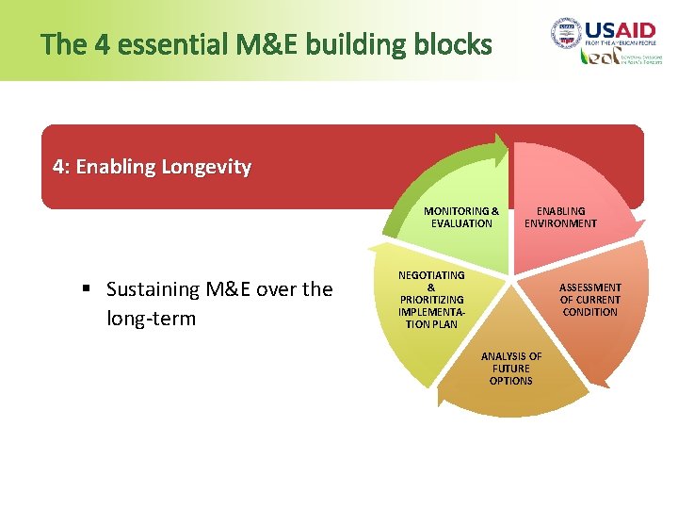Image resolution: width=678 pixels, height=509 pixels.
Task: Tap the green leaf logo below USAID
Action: [599, 57]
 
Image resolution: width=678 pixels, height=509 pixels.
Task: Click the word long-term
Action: [152, 319]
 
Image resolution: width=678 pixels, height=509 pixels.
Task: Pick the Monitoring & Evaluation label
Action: [461, 217]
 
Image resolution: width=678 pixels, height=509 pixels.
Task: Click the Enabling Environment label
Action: [560, 217]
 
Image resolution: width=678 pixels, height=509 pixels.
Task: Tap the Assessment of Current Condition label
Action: [590, 299]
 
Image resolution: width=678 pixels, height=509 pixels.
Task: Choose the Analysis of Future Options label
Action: [511, 369]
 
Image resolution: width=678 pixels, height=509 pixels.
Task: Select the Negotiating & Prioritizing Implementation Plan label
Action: [431, 299]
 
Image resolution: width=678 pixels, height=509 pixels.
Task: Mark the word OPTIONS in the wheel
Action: [511, 381]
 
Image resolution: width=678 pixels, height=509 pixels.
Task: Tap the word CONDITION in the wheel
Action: [590, 312]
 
